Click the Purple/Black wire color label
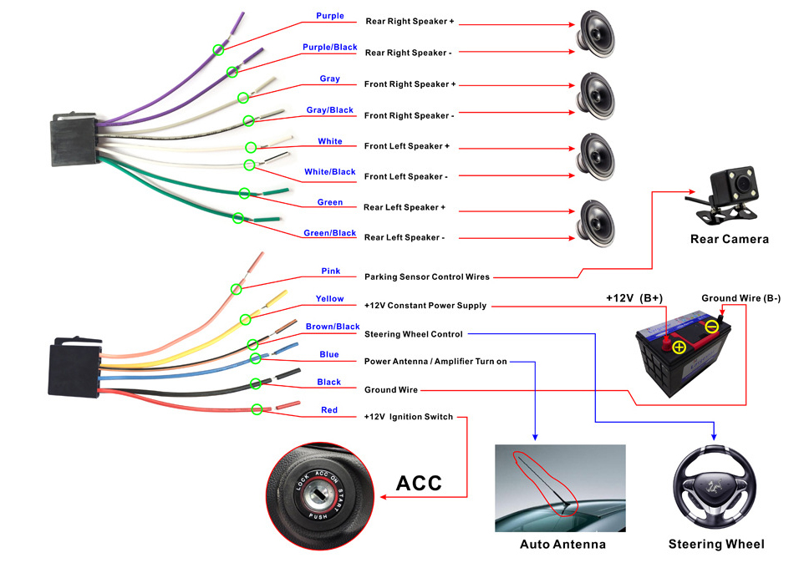point(329,48)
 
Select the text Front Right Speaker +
point(410,84)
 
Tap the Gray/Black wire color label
point(329,110)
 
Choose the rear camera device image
point(723,195)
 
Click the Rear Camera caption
point(729,240)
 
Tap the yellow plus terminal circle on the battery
point(679,347)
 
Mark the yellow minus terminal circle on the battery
point(711,327)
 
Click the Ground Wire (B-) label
point(741,298)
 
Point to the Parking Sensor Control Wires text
point(426,276)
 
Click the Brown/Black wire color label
point(332,327)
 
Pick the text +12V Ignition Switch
point(408,417)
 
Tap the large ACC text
point(418,484)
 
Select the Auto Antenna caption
point(562,545)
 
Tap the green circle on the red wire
point(257,409)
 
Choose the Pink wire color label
point(330,271)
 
